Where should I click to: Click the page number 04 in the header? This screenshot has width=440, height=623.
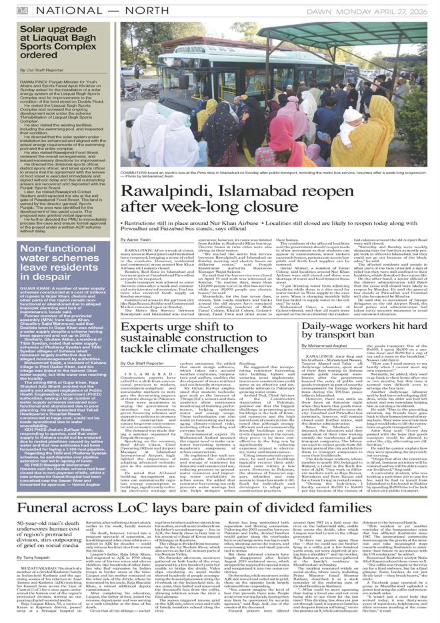(x=22, y=10)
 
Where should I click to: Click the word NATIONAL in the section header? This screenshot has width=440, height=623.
(x=63, y=10)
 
